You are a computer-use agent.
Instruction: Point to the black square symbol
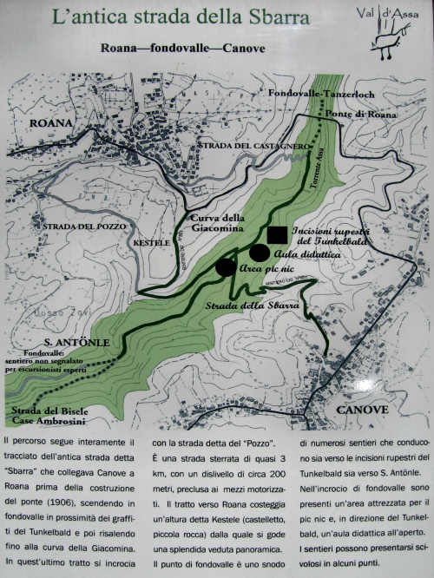coord(277,234)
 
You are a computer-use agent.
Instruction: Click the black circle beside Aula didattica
coord(259,253)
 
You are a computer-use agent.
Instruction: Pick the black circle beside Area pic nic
coord(226,267)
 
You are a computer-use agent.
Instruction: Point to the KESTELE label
coord(152,243)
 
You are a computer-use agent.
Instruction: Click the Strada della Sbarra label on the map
coord(253,306)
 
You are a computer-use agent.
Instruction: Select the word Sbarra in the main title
coord(279,16)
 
